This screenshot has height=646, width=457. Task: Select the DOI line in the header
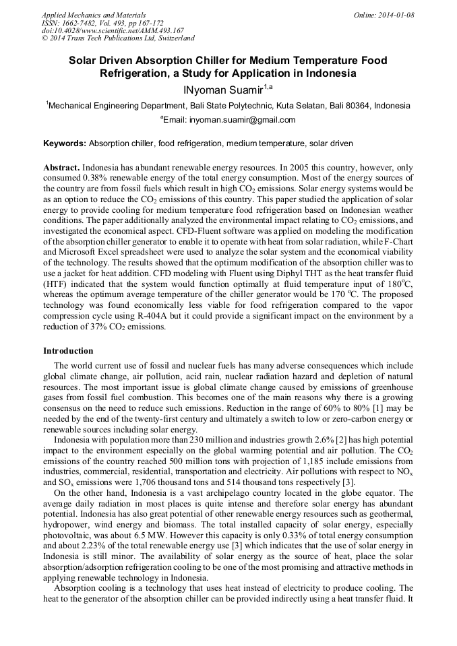113,30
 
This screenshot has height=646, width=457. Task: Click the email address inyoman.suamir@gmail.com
242,120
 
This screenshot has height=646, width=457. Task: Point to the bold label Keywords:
65,143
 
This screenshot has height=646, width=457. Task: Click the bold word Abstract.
61,166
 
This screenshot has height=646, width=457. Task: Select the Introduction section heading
68,351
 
